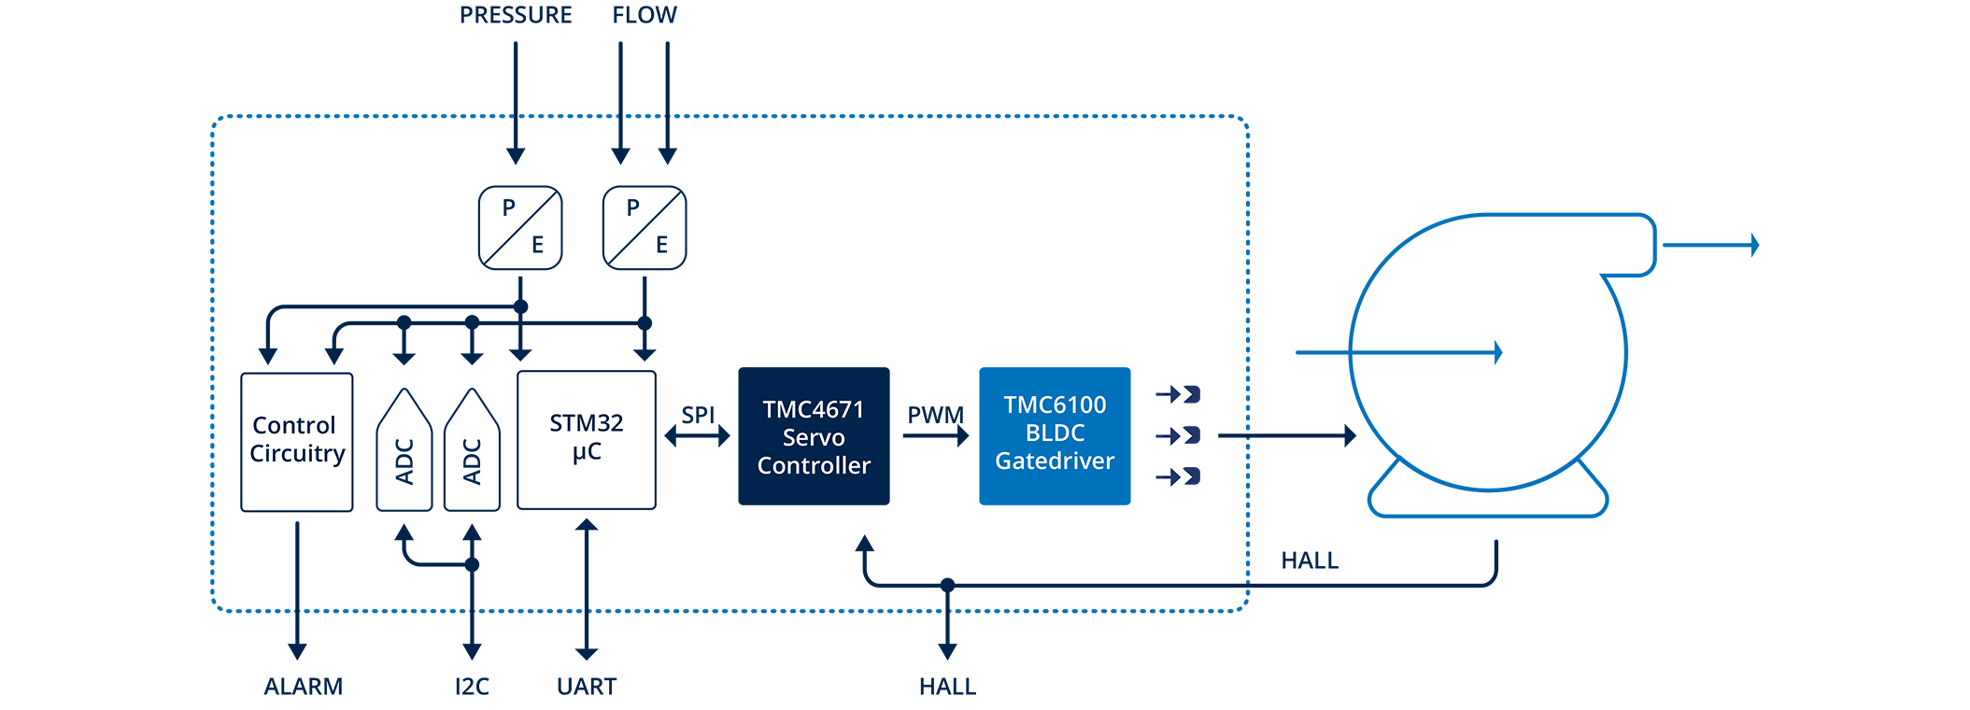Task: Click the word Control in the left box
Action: click(293, 425)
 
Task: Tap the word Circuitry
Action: click(297, 454)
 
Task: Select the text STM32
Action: click(586, 423)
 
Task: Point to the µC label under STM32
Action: click(587, 453)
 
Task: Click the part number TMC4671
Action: click(813, 409)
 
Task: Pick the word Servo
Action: click(813, 437)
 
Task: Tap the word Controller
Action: click(813, 465)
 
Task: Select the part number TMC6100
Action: click(1055, 405)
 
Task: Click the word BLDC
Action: click(1055, 433)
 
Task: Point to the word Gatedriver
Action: click(1055, 461)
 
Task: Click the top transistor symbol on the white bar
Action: click(1176, 393)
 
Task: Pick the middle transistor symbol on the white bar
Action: click(1176, 435)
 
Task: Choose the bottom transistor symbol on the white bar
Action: click(1176, 476)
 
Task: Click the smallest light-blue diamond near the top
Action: click(644, 116)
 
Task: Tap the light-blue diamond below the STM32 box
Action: click(530, 610)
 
